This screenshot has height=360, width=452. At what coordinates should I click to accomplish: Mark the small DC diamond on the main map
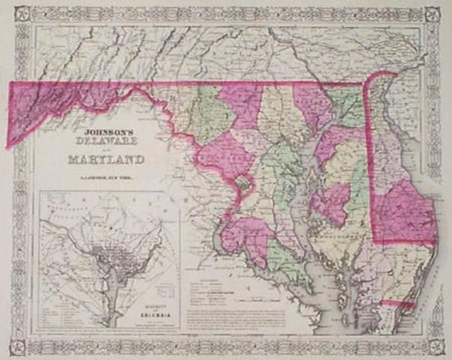pyautogui.click(x=241, y=183)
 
